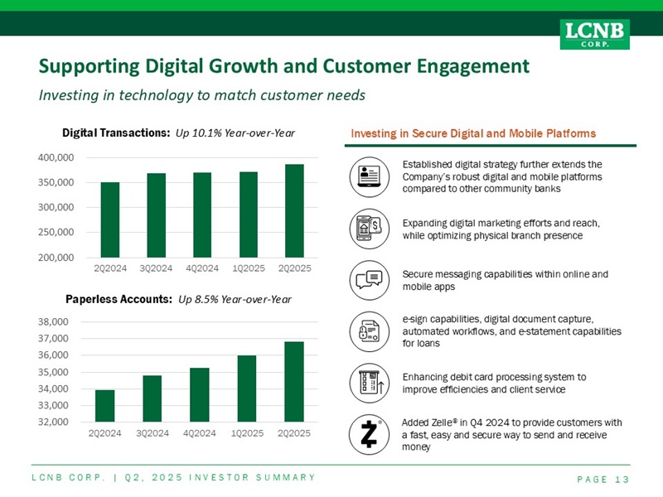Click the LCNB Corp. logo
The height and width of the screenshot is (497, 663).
pos(594,34)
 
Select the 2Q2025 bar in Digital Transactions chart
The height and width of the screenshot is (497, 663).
pos(294,210)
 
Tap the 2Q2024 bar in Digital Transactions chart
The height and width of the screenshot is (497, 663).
pos(110,220)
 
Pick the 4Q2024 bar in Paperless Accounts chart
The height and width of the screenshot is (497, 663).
pos(199,395)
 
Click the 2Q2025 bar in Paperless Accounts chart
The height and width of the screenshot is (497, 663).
pos(294,382)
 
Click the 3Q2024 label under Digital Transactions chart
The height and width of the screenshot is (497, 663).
pos(157,268)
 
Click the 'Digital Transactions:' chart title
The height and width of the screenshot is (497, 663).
pos(117,133)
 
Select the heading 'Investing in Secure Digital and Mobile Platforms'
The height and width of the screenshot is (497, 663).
pos(473,133)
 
